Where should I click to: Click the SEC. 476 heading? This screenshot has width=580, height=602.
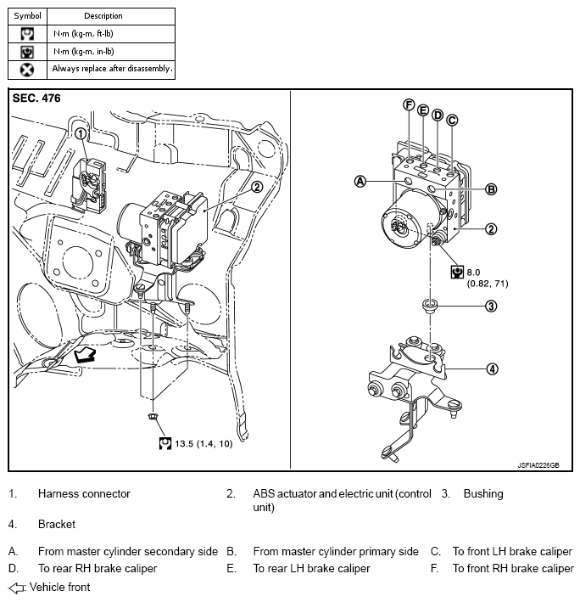point(36,98)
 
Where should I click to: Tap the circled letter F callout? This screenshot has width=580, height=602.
point(409,105)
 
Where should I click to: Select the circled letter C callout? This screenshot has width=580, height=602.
point(452,120)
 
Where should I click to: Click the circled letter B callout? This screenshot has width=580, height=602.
point(491,189)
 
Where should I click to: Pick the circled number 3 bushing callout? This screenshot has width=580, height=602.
point(491,306)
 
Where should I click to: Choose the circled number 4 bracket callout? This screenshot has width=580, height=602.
point(491,369)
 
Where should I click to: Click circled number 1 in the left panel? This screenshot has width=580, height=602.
point(81,133)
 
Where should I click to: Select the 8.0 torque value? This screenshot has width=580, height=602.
point(473,272)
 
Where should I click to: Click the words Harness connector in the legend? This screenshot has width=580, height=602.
point(84,493)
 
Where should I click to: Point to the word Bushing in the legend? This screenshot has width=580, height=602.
point(482,493)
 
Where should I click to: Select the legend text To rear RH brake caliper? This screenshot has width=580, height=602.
point(98,568)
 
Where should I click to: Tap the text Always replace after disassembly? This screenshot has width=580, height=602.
point(112,68)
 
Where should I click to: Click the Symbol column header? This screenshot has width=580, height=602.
point(28,15)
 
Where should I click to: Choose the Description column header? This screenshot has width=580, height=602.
point(103,15)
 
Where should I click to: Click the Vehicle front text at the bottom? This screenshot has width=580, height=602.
point(59,587)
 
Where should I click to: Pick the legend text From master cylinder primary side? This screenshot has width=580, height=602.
point(336,551)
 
